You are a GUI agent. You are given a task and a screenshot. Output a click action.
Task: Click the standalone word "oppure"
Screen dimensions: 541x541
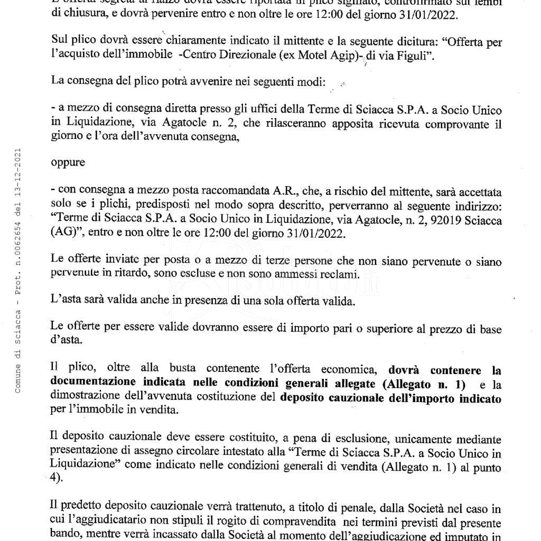click(x=68, y=162)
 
